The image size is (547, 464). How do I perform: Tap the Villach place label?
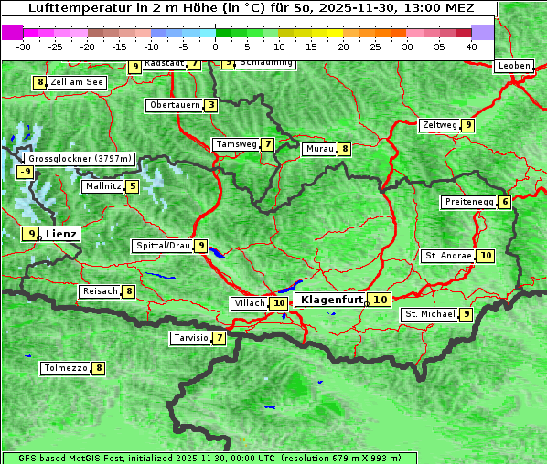coord(249,303)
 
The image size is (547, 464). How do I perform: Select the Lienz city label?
coord(62,234)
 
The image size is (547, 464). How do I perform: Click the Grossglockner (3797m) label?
coord(80,159)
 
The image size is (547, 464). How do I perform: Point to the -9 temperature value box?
coord(25,172)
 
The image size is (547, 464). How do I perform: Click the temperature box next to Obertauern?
coord(211,105)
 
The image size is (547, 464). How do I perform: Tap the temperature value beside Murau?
coord(344,149)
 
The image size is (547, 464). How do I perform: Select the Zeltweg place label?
coord(439,125)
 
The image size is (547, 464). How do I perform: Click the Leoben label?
coord(514,66)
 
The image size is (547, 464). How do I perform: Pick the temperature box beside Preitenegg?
coord(505,202)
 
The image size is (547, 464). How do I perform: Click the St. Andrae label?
coord(447,256)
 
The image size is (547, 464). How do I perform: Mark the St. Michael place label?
coord(430,314)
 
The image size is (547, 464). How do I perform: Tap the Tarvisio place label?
coord(190,338)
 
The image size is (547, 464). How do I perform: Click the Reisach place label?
coord(100,291)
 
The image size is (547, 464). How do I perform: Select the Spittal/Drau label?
coord(163,246)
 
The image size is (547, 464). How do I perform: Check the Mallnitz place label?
coord(102,186)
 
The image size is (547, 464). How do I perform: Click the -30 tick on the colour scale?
coord(24,47)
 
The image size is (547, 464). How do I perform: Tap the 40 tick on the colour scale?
coord(471,47)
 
